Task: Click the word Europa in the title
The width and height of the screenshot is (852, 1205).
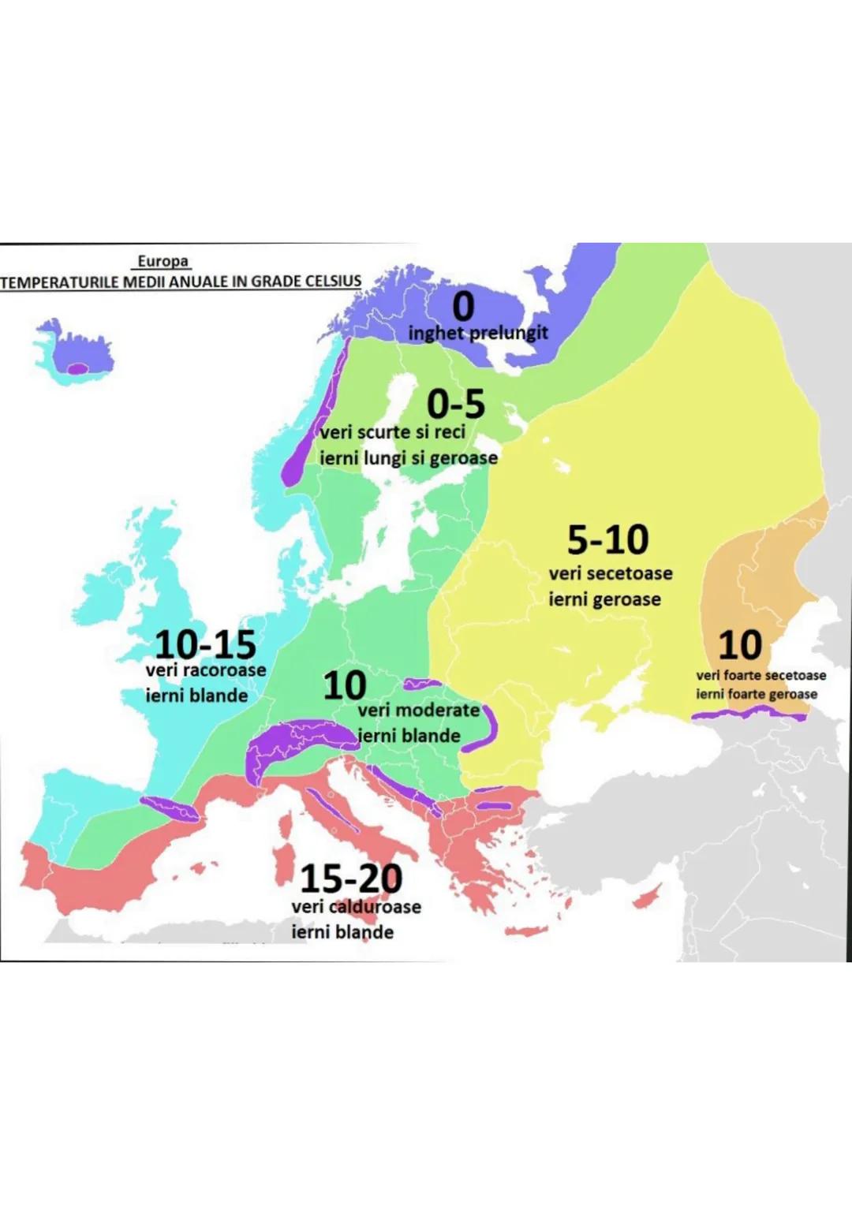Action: [163, 261]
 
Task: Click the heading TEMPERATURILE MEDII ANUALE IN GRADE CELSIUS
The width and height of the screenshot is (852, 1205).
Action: [181, 282]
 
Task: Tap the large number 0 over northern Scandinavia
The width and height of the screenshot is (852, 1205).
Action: [463, 307]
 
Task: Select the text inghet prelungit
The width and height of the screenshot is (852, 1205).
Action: [477, 333]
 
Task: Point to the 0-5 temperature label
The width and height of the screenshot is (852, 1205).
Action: [455, 405]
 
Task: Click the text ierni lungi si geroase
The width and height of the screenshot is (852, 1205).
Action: [408, 458]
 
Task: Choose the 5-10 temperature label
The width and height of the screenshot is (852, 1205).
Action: [607, 540]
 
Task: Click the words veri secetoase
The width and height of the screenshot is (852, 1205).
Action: [611, 573]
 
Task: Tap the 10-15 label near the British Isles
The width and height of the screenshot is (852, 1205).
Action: [205, 644]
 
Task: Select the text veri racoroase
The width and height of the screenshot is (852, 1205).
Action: [206, 670]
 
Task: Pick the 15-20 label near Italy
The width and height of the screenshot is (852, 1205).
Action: [351, 878]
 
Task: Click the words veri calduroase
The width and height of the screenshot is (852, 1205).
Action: [356, 907]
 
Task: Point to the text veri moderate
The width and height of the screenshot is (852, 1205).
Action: [418, 710]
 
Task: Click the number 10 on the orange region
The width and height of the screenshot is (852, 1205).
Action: [739, 645]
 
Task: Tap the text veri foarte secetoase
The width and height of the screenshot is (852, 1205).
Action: [760, 675]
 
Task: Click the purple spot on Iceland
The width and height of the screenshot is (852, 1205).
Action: [77, 368]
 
